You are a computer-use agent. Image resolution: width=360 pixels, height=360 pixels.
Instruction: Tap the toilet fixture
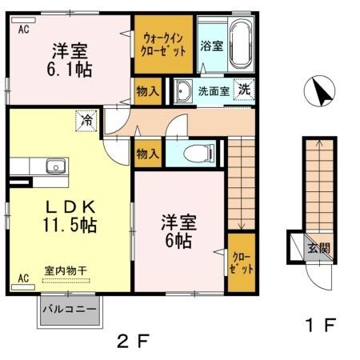197,152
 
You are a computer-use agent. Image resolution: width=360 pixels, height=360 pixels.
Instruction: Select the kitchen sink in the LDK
55,167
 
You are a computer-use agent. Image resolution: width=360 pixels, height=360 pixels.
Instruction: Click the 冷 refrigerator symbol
85,122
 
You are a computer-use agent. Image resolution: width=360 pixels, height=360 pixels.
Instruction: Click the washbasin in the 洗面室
183,90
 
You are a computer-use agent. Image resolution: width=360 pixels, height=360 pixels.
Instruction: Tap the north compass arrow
323,93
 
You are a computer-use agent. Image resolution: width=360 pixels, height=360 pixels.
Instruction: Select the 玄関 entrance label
318,247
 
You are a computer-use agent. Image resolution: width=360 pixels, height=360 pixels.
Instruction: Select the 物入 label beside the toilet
148,151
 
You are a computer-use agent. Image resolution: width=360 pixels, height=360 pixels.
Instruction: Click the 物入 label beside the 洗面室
148,90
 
